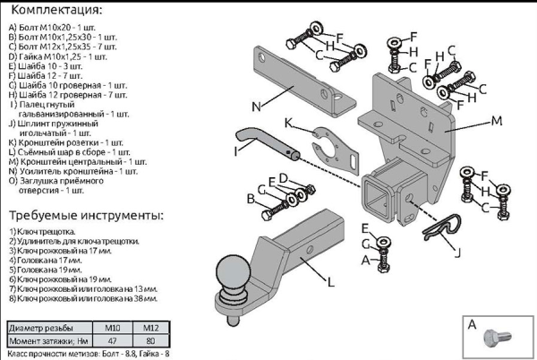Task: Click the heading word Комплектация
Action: [x=53, y=10]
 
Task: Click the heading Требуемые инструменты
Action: [x=85, y=217]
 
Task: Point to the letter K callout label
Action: [x=289, y=122]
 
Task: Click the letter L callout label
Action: [x=330, y=282]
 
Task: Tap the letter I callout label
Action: [x=234, y=151]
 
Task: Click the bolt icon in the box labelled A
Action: [x=495, y=339]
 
